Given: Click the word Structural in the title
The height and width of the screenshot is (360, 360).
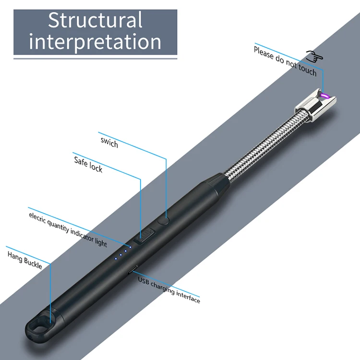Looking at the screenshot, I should point(95,20).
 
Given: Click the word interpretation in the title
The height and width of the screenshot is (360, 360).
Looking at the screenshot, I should point(95,41).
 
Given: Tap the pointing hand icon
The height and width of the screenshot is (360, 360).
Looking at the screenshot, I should point(314,57).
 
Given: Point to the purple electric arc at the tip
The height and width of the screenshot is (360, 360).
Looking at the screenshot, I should point(325,96).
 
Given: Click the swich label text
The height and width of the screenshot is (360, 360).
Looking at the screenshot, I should point(109,142).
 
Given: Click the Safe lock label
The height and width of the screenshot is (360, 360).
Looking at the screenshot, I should point(88,163).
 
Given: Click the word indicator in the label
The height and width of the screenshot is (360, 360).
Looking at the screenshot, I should point(83,233).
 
